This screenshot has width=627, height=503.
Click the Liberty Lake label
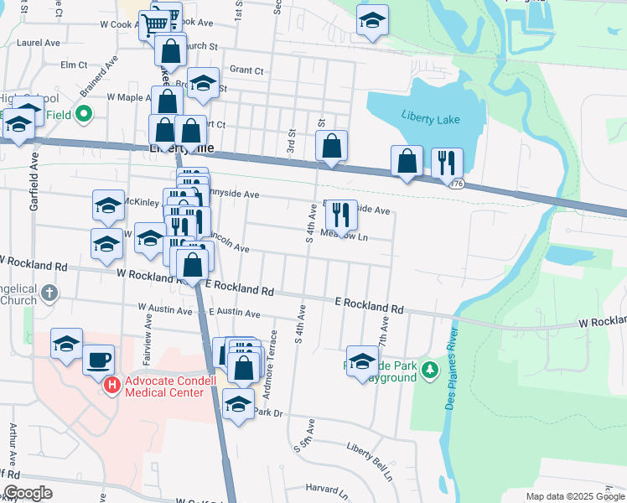(431, 119)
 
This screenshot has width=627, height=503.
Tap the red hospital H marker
(112, 386)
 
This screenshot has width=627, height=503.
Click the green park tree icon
(430, 369)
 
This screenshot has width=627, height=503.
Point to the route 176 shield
(456, 184)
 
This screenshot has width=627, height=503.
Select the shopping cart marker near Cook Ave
(156, 24)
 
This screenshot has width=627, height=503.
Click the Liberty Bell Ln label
(370, 460)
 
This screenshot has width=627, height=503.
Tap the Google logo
(27, 493)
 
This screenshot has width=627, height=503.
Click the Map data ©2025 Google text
(574, 496)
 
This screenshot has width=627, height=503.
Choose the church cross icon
(49, 293)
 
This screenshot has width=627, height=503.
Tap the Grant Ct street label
(246, 70)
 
